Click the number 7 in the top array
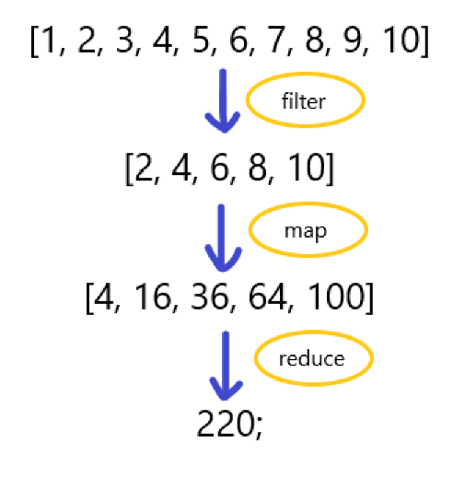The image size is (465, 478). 276,40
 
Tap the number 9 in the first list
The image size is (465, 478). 353,40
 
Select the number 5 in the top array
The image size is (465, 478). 201,40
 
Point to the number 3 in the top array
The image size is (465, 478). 124,40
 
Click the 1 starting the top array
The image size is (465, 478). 49,40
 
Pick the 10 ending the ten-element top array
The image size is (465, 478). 401,40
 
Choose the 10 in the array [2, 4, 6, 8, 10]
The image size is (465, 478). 307,168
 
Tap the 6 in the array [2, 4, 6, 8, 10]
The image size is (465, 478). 219,168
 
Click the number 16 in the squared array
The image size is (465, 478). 153,297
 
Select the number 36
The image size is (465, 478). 209,297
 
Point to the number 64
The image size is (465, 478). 266,297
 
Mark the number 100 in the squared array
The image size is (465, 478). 335,297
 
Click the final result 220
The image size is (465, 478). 225,424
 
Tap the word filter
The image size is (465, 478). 304,100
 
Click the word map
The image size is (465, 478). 306,231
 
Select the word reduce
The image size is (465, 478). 311,358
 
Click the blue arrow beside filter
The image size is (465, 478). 223,101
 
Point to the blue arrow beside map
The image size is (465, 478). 222,239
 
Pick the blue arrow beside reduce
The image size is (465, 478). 226,366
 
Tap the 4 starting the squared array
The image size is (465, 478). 103,297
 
